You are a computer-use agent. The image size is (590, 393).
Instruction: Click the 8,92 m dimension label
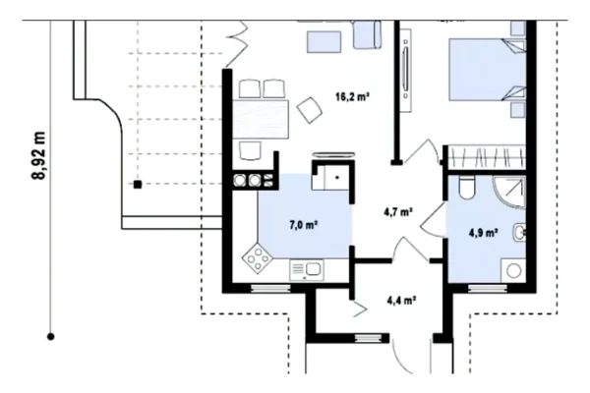[x=39, y=155]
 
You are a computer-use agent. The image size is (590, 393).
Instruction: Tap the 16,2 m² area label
[x=352, y=97]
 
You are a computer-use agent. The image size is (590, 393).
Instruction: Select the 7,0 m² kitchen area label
[x=304, y=225]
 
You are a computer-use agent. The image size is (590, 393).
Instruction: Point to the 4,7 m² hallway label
[x=398, y=212]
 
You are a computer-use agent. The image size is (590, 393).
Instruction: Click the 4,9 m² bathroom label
[x=484, y=233]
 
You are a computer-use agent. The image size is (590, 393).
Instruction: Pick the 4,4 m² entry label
[x=401, y=300]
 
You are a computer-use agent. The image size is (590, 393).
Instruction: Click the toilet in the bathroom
[x=467, y=187]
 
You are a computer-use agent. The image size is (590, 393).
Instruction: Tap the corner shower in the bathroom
[x=509, y=192]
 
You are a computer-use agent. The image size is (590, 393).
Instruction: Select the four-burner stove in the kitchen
[x=258, y=258]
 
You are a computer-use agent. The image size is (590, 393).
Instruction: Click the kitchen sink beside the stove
[x=307, y=269]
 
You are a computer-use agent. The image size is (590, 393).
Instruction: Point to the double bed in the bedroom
[x=488, y=70]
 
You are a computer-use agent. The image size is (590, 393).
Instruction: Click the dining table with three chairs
[x=261, y=119]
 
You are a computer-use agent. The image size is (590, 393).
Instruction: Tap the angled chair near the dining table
[x=310, y=110]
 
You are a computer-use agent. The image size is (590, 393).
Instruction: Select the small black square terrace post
[x=138, y=185]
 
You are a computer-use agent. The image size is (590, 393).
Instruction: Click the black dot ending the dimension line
[x=51, y=336]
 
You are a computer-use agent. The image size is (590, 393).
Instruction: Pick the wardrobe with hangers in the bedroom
[x=487, y=157]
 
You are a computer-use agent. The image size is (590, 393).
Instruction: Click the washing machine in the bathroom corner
[x=513, y=269]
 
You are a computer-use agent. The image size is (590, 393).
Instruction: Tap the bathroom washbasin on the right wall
[x=519, y=232]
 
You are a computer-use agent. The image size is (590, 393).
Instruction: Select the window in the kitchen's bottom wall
[x=270, y=288]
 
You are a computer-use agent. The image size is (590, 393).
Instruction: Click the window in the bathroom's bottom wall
[x=488, y=288]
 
